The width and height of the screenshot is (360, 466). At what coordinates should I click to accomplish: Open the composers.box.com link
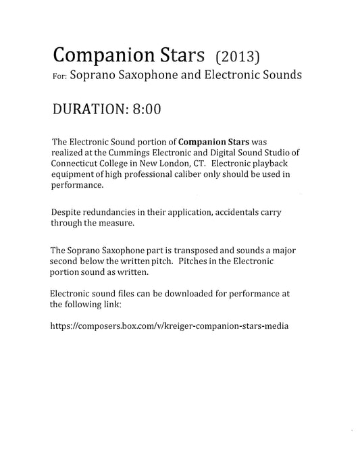(170, 326)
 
